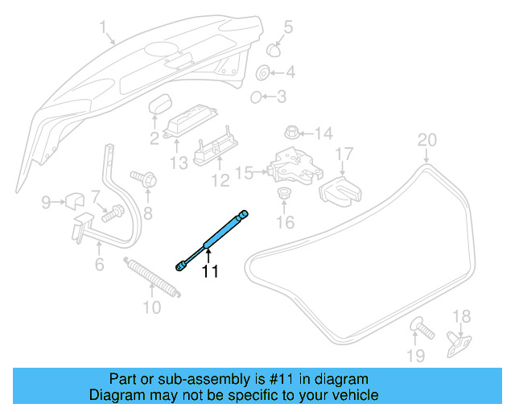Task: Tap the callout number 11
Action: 210,272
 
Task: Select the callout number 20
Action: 426,140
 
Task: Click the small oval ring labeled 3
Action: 256,97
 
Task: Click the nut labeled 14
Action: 291,132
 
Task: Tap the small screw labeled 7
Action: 114,213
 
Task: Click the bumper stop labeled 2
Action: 163,105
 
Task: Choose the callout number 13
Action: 178,163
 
